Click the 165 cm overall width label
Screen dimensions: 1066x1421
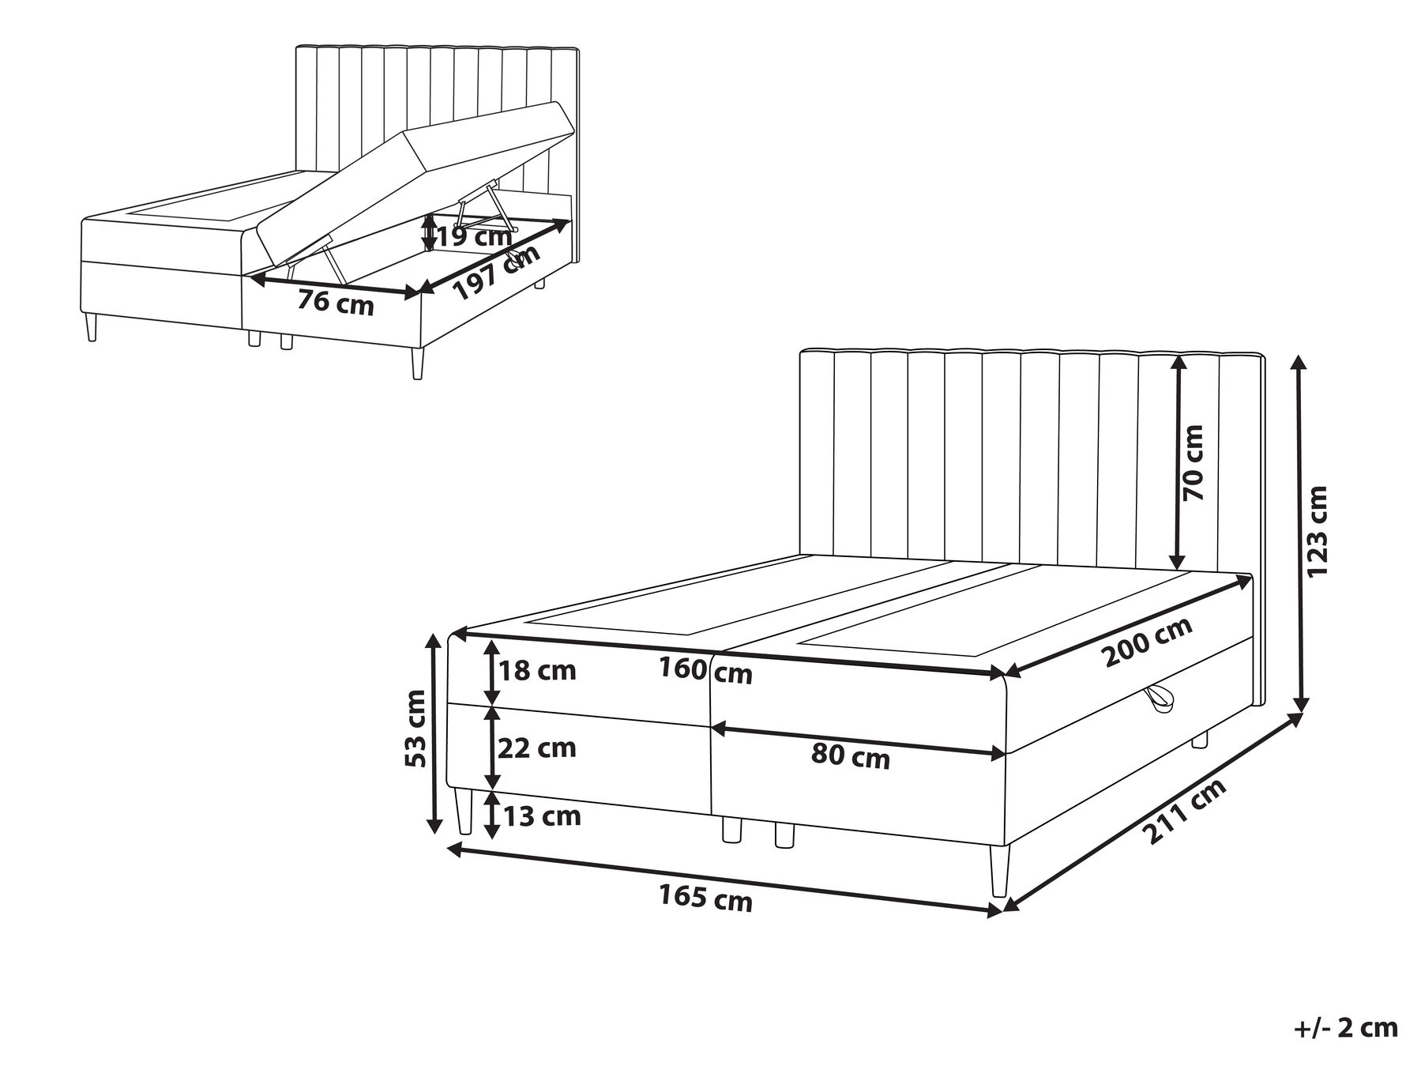(705, 899)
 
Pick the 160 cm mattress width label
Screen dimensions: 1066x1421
(705, 671)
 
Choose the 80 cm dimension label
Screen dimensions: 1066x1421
(850, 757)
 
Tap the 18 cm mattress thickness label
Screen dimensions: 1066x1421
(537, 671)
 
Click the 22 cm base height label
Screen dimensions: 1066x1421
(537, 748)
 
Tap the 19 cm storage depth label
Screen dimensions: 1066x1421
(474, 235)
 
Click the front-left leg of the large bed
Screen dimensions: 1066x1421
(464, 811)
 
